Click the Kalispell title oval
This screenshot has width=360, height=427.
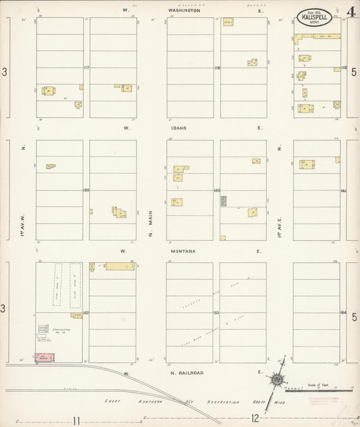[315, 17]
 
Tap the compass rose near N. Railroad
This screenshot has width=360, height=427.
[276, 383]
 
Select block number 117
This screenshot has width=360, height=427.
[86, 68]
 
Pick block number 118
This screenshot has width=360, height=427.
[217, 68]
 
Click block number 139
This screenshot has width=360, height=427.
[86, 191]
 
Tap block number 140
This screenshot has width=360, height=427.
[217, 191]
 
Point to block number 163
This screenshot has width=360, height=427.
[217, 313]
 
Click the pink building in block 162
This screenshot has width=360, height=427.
[45, 357]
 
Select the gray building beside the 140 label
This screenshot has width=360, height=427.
[223, 201]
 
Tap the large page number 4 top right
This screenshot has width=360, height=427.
[352, 11]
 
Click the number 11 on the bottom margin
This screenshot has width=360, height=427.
[77, 420]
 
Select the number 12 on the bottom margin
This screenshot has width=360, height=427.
[255, 420]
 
